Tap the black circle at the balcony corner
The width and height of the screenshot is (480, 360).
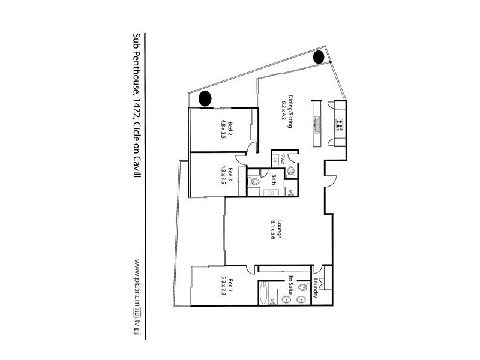319,57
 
